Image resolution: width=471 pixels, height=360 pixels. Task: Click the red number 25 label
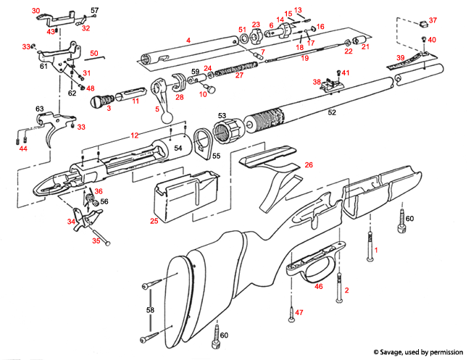(x=154, y=220)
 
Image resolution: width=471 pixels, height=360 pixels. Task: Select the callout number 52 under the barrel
(x=332, y=113)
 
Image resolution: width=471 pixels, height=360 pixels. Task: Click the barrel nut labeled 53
(x=231, y=132)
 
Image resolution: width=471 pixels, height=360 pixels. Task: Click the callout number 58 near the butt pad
(x=150, y=309)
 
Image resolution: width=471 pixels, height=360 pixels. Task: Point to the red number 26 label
(x=309, y=166)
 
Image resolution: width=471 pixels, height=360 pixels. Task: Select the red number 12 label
(x=134, y=135)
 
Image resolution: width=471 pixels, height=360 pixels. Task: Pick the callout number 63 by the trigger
(x=40, y=109)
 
